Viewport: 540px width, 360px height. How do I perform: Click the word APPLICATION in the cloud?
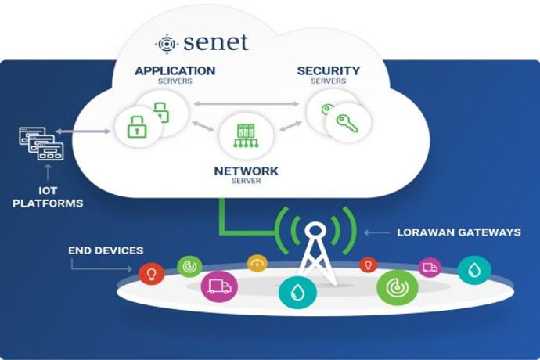click(175, 71)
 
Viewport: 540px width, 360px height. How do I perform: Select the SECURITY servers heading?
click(328, 71)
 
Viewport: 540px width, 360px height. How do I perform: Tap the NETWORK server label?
click(246, 171)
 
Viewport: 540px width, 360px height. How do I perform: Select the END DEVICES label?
click(105, 250)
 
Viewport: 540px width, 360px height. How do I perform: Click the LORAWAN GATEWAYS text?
click(459, 232)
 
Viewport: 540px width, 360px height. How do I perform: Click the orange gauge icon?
click(257, 264)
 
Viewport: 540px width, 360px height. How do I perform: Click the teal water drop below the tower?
click(297, 292)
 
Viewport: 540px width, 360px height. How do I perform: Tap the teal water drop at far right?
click(473, 270)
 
